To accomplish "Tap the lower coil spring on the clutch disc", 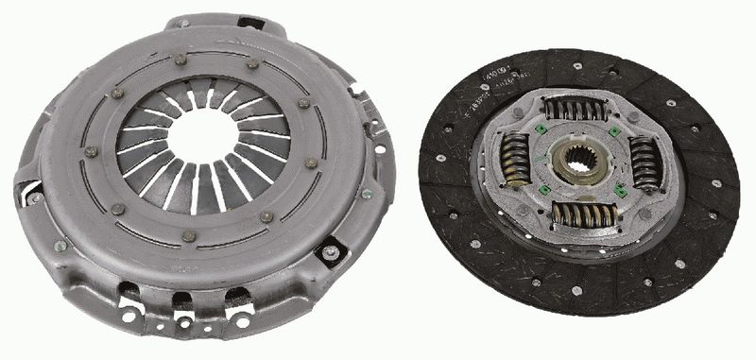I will click(x=583, y=215).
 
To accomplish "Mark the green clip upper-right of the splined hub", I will click(x=614, y=131).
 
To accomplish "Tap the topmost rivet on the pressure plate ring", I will click(x=180, y=59).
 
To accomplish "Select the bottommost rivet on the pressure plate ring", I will click(x=189, y=235).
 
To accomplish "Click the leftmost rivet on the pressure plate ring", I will click(x=92, y=151).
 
